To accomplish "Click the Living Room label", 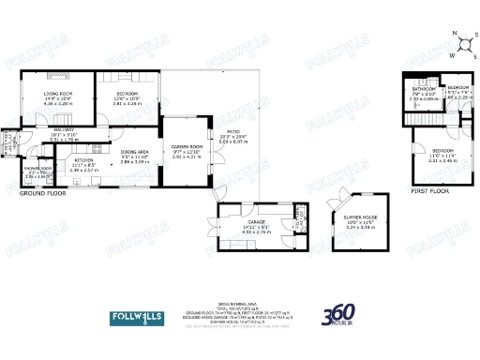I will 58,94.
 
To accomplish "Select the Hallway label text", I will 64,130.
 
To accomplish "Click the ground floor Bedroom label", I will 127,94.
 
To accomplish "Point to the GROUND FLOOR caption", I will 41,193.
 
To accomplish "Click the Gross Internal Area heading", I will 239,306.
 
